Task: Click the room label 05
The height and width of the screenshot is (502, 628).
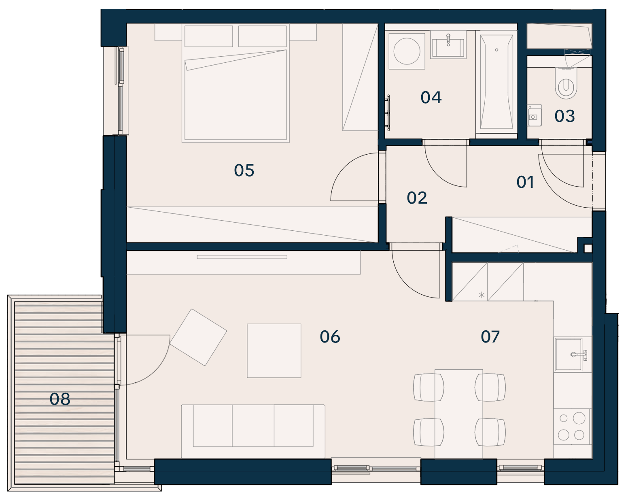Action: click(x=244, y=170)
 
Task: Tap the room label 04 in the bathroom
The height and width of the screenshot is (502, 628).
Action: click(x=431, y=97)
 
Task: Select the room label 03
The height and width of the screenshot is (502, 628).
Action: click(x=565, y=116)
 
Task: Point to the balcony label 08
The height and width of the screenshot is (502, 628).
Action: click(x=60, y=399)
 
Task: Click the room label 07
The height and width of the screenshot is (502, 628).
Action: click(x=490, y=336)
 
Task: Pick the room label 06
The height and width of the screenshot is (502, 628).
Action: click(x=330, y=337)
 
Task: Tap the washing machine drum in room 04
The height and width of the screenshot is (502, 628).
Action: click(x=407, y=51)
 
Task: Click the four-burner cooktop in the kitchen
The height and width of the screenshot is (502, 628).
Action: click(x=572, y=427)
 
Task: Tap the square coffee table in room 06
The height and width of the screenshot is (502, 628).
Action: click(x=274, y=351)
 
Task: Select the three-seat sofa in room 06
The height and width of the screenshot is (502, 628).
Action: click(x=253, y=431)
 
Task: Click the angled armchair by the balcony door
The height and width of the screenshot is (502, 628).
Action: click(x=198, y=337)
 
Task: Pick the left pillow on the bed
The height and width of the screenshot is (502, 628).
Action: click(x=209, y=36)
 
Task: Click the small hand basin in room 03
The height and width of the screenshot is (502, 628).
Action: click(x=535, y=115)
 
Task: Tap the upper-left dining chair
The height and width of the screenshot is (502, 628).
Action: click(x=429, y=387)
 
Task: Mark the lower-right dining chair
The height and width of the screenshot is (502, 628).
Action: click(x=490, y=432)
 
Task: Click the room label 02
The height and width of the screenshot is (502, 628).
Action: click(x=417, y=198)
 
